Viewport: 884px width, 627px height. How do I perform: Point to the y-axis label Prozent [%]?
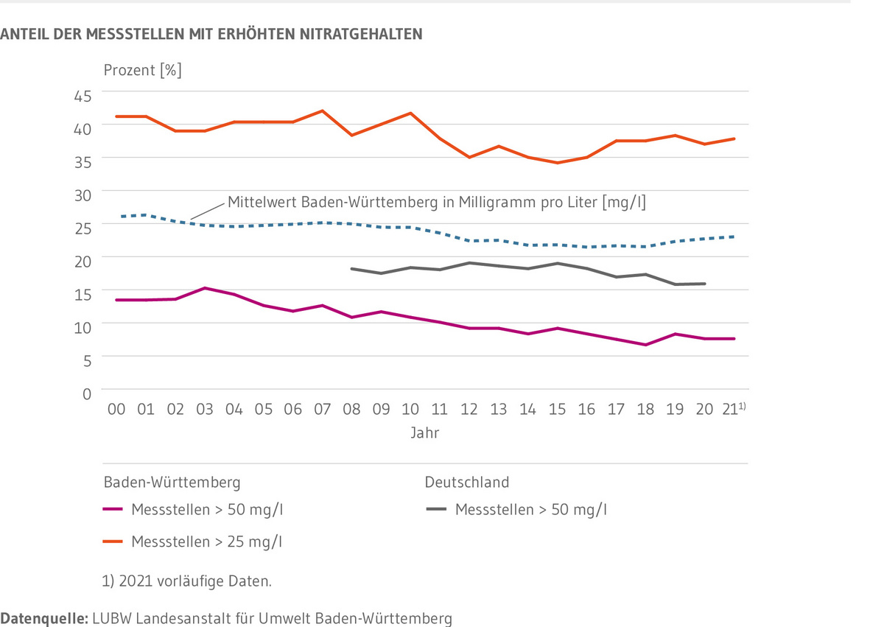142,71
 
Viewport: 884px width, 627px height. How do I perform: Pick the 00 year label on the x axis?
116,410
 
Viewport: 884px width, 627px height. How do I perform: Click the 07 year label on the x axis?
322,410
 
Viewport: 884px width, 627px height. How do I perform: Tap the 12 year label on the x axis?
469,410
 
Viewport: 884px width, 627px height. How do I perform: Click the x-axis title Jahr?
425,433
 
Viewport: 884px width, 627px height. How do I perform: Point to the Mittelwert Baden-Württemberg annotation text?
436,202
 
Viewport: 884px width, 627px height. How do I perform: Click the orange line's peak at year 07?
322,111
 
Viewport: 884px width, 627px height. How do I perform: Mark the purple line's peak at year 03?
205,288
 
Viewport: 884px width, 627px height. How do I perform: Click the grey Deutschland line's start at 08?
352,269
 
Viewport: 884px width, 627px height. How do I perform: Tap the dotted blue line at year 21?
734,237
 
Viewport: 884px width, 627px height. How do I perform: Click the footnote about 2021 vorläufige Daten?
187,581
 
